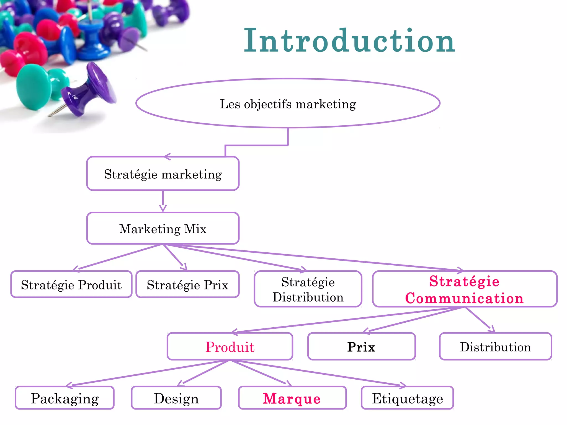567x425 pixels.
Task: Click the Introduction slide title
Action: pyautogui.click(x=349, y=41)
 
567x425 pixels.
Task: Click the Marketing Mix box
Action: pyautogui.click(x=163, y=229)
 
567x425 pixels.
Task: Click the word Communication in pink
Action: pyautogui.click(x=465, y=298)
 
